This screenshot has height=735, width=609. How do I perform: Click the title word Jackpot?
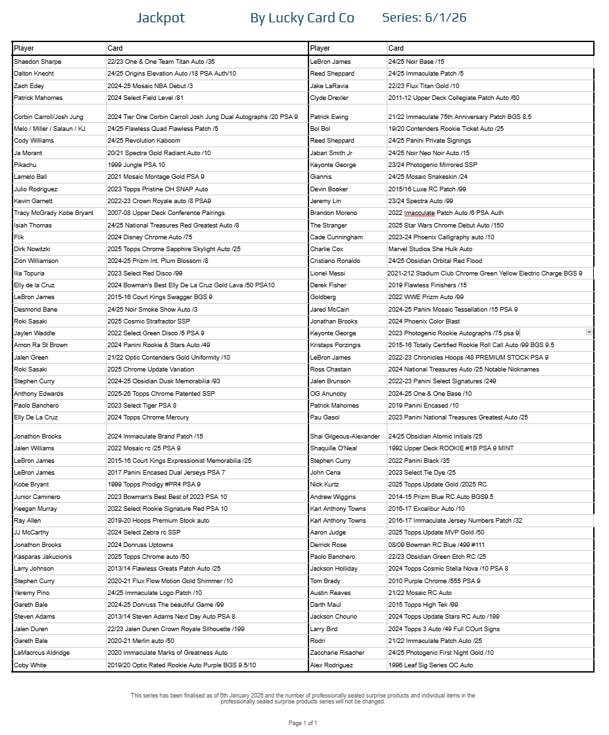pyautogui.click(x=160, y=18)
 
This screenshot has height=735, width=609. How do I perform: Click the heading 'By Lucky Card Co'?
pyautogui.click(x=302, y=18)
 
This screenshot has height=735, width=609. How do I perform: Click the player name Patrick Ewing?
pyautogui.click(x=329, y=117)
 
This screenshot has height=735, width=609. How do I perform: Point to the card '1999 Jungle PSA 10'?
pyautogui.click(x=136, y=165)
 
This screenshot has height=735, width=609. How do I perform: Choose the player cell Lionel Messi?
pyautogui.click(x=328, y=273)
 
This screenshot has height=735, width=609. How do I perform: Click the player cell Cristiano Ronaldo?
pyautogui.click(x=336, y=262)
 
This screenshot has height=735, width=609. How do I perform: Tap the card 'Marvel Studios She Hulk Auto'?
pyautogui.click(x=430, y=250)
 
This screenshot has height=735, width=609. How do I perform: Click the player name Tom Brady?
pyautogui.click(x=325, y=581)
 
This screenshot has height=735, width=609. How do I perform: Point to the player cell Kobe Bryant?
pyautogui.click(x=31, y=485)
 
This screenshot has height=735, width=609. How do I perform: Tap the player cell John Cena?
pyautogui.click(x=324, y=473)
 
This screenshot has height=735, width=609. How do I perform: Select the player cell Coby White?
pyautogui.click(x=30, y=665)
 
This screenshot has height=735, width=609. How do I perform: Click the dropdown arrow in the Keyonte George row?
pyautogui.click(x=589, y=333)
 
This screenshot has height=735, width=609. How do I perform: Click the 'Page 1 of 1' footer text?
pyautogui.click(x=303, y=723)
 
